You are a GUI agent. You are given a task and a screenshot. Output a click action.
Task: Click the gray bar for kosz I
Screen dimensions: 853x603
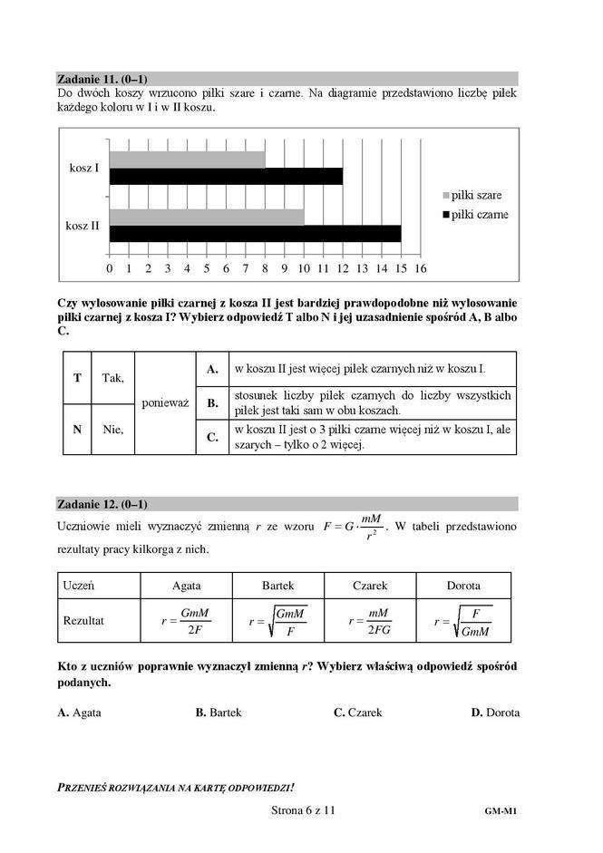187,160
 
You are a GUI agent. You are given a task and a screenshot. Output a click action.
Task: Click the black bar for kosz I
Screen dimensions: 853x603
226,176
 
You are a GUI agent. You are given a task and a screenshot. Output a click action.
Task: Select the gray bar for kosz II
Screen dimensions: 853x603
207,218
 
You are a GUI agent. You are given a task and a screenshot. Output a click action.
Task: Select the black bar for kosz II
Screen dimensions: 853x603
255,234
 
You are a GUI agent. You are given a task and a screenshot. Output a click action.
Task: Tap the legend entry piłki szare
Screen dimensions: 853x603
472,195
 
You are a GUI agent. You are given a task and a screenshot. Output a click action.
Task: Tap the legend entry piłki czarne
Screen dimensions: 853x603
474,215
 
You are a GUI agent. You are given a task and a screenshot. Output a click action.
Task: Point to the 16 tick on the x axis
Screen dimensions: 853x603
420,268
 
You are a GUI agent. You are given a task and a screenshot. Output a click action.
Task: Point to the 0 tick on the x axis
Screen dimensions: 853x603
110,268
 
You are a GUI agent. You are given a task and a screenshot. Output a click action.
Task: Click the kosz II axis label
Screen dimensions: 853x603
83,226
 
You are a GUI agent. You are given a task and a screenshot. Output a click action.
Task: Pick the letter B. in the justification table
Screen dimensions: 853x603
212,402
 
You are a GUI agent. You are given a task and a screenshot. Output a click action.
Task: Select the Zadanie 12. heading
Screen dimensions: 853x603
102,504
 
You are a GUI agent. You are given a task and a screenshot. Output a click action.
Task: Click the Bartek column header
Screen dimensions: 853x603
277,586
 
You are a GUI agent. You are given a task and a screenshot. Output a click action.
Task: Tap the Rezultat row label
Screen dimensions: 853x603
83,622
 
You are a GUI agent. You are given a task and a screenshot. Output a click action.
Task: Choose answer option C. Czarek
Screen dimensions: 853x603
357,712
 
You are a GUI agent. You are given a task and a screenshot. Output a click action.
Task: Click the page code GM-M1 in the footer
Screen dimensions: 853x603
501,813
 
